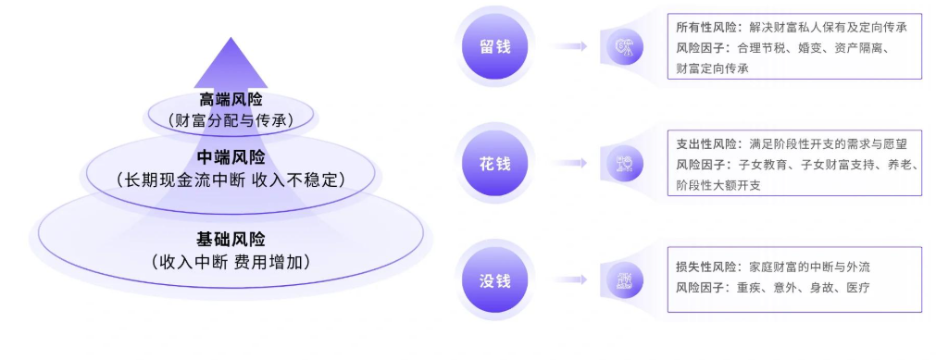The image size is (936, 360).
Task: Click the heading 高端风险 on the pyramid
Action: (231, 100)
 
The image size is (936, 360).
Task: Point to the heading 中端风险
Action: (231, 157)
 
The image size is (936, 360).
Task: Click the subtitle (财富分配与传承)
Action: (231, 119)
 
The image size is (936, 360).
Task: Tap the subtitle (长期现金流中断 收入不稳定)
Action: (231, 179)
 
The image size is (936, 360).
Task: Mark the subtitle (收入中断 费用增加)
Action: (231, 262)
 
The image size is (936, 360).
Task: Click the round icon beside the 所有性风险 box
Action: (623, 45)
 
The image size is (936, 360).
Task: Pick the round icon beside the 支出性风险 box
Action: (623, 163)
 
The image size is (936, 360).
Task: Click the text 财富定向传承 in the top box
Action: (713, 68)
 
